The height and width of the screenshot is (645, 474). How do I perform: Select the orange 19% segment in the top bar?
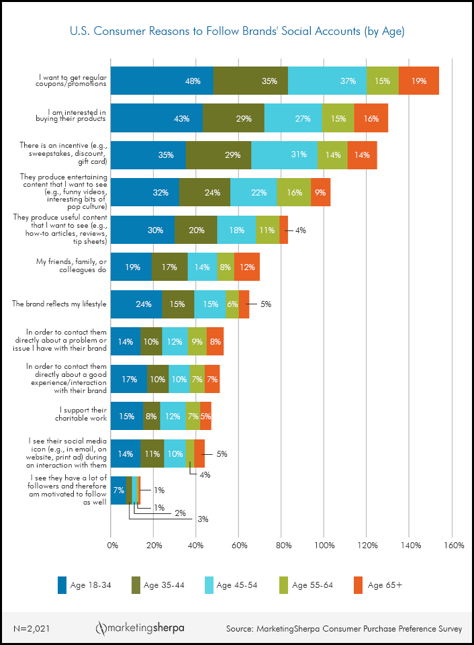[419, 81]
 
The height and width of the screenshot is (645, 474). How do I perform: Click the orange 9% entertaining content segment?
[321, 192]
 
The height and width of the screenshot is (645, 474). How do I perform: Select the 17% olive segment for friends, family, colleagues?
[170, 267]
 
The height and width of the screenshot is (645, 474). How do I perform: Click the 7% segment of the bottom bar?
[118, 490]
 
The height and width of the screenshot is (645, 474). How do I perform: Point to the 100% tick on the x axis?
[324, 545]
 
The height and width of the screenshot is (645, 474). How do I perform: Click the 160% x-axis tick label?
[454, 545]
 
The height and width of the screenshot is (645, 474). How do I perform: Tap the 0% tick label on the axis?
[112, 545]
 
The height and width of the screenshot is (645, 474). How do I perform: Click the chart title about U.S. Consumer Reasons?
[237, 31]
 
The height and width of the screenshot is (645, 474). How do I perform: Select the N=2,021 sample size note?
[32, 629]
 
